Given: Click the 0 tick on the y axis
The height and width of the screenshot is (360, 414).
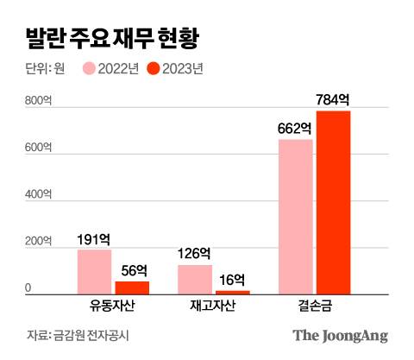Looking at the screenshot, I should pyautogui.click(x=28, y=287).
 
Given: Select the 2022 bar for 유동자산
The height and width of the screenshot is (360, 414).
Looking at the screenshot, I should pyautogui.click(x=94, y=272).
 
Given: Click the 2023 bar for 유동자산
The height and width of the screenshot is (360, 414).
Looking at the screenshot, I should pyautogui.click(x=132, y=287).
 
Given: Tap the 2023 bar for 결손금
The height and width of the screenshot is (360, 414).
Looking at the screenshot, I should pyautogui.click(x=333, y=203).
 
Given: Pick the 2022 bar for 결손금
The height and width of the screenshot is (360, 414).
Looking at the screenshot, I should pyautogui.click(x=295, y=217).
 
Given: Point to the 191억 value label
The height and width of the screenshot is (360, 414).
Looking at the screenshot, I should pyautogui.click(x=94, y=239).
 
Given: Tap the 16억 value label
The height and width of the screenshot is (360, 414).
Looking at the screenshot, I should pyautogui.click(x=231, y=280).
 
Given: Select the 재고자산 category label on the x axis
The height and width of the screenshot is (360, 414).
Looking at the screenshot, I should pyautogui.click(x=213, y=307).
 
